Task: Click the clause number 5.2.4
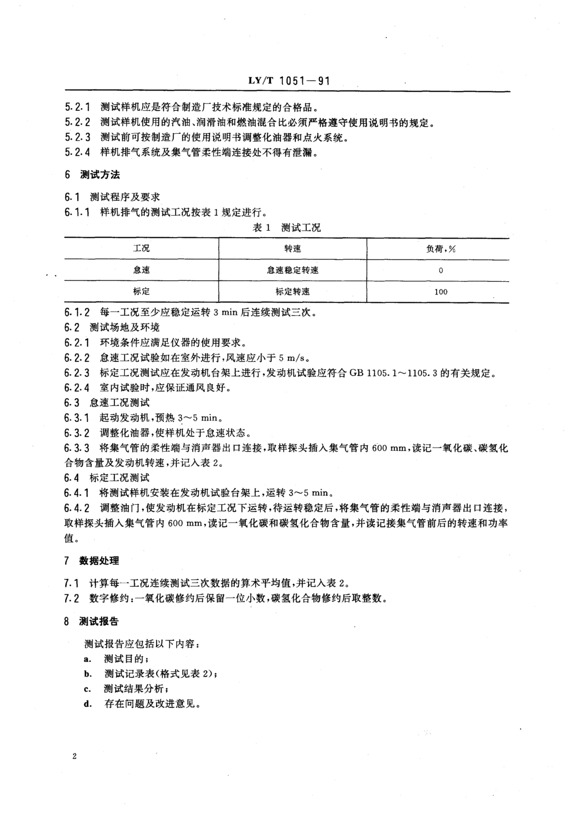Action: tap(77, 152)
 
